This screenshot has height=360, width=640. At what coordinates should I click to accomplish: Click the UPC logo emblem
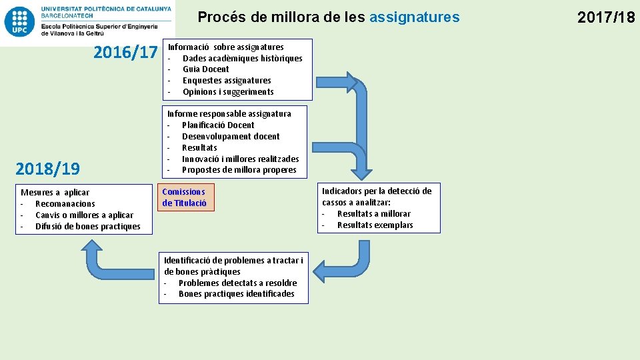pyautogui.click(x=20, y=22)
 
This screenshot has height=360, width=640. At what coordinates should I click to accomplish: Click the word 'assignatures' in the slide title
pyautogui.click(x=414, y=17)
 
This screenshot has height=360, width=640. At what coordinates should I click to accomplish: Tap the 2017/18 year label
pyautogui.click(x=606, y=17)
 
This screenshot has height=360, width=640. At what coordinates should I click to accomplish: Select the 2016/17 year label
pyautogui.click(x=125, y=52)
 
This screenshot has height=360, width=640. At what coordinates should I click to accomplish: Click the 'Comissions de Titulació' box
pyautogui.click(x=185, y=197)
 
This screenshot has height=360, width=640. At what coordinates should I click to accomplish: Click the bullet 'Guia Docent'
pyautogui.click(x=205, y=69)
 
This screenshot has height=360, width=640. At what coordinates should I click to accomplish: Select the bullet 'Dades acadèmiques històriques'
pyautogui.click(x=242, y=58)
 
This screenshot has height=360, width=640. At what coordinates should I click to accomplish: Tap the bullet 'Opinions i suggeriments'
pyautogui.click(x=228, y=92)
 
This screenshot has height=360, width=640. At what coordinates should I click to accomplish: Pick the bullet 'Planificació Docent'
pyautogui.click(x=218, y=125)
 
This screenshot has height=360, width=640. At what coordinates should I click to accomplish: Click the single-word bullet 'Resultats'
pyautogui.click(x=199, y=147)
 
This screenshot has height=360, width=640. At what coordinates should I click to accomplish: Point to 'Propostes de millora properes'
pyautogui.click(x=239, y=170)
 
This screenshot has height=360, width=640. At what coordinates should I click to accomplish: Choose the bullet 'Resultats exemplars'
pyautogui.click(x=375, y=225)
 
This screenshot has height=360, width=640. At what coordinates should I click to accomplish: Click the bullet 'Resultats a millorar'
pyautogui.click(x=373, y=214)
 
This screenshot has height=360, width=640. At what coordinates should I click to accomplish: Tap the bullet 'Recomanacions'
pyautogui.click(x=65, y=204)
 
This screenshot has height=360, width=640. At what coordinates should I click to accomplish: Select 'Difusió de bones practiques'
pyautogui.click(x=87, y=227)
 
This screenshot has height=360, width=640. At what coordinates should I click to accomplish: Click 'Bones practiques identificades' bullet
pyautogui.click(x=236, y=294)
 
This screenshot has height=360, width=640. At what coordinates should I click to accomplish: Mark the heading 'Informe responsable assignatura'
pyautogui.click(x=229, y=114)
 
